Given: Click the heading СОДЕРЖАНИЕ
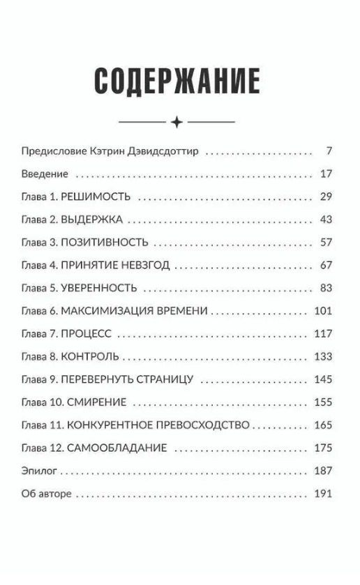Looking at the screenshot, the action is (x=177, y=82).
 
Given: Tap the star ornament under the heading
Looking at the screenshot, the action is (x=177, y=122).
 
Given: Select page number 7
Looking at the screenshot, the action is (x=328, y=151).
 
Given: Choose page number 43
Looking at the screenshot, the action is (x=324, y=220).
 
